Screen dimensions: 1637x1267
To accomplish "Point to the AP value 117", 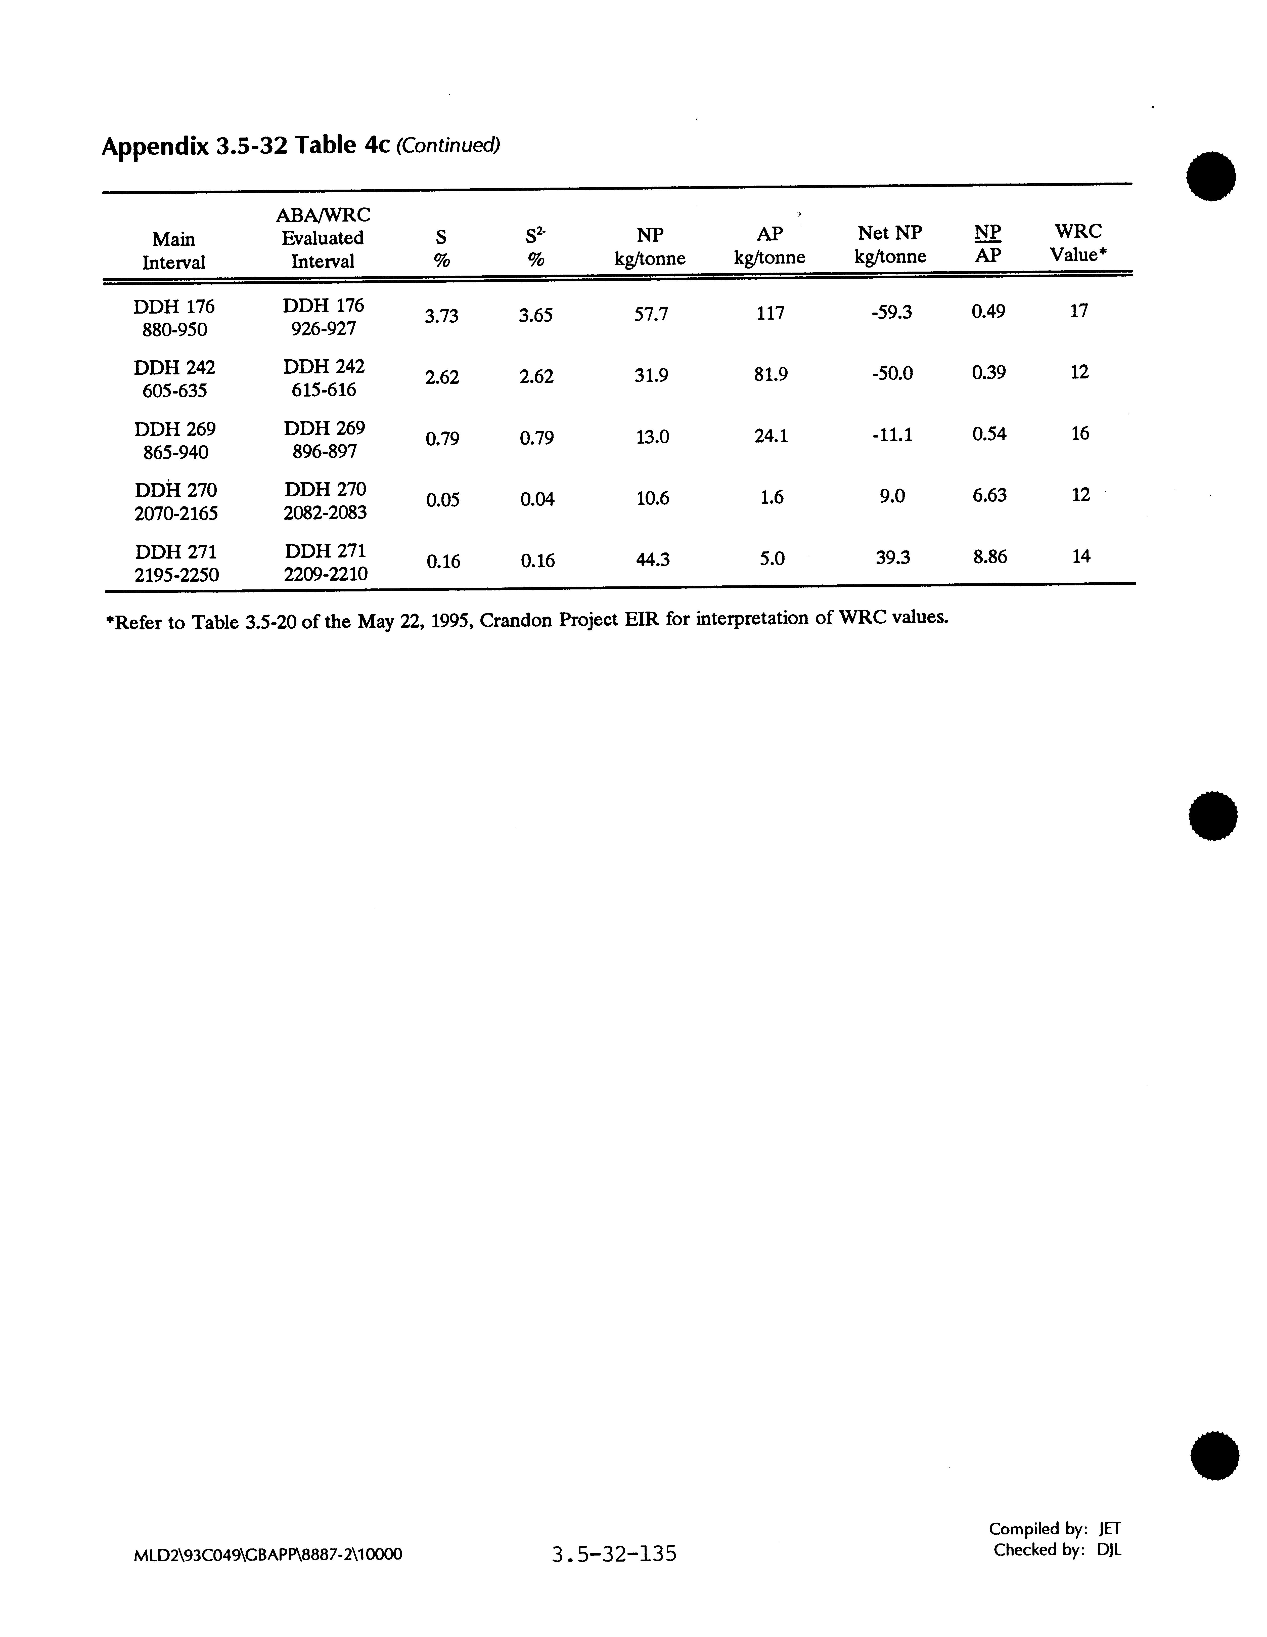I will pos(770,313).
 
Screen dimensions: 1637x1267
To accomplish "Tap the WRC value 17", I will pos(1078,311).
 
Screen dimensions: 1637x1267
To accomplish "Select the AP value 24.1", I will pos(771,436).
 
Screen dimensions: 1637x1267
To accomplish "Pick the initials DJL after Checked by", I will pos(1109,1550).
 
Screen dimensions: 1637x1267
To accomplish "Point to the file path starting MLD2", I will pos(267,1555).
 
